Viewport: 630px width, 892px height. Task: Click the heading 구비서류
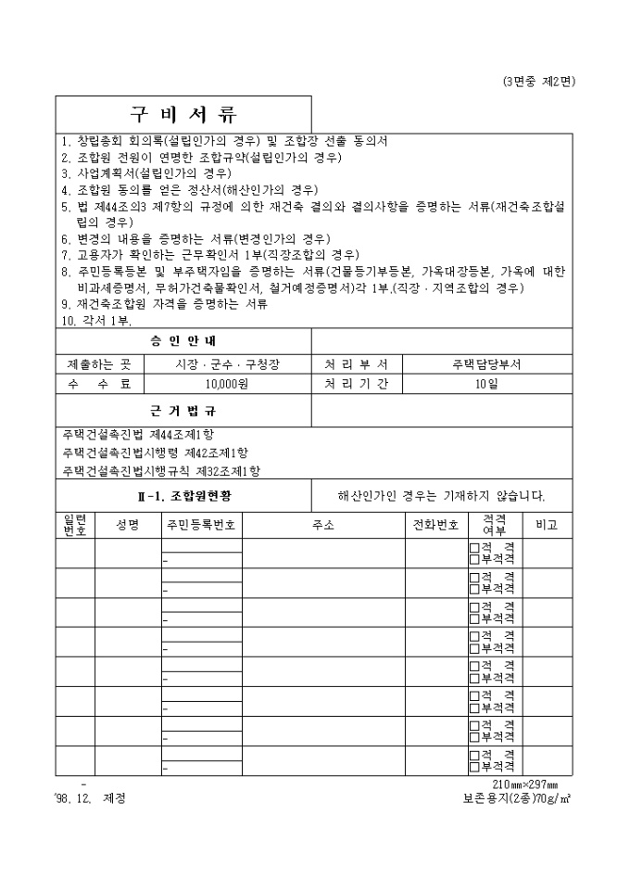[x=183, y=115]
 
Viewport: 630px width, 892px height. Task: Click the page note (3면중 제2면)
[x=538, y=81]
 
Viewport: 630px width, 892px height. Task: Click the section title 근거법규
[x=183, y=410]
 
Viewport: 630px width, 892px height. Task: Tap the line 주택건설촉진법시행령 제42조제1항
[x=156, y=452]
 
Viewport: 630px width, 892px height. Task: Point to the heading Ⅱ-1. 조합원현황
[x=183, y=495]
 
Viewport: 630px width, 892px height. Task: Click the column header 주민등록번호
[x=202, y=525]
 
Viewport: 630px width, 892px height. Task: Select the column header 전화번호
[x=435, y=525]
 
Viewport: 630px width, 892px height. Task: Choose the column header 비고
[x=547, y=525]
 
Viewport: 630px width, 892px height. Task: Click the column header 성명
[x=128, y=525]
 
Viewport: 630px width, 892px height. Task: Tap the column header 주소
[x=323, y=525]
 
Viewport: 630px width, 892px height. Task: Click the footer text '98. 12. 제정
[x=91, y=798]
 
